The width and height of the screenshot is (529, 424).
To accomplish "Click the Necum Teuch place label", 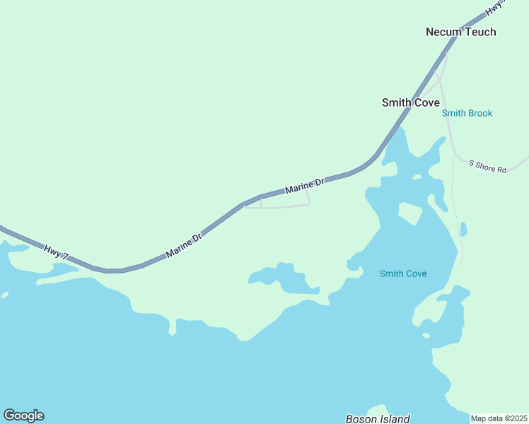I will click(460, 32).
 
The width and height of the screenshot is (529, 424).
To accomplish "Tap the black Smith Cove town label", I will click(410, 102).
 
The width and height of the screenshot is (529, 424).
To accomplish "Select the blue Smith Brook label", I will click(467, 113).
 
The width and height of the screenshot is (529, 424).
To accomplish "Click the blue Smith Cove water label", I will click(403, 273).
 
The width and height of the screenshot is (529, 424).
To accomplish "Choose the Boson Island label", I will click(378, 419).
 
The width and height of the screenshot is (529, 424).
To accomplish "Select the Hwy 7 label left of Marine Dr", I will click(56, 252).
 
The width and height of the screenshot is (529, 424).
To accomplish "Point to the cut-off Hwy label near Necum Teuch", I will click(495, 7).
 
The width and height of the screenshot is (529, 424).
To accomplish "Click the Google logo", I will click(23, 416).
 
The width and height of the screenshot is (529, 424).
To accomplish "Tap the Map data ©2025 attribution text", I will click(499, 418).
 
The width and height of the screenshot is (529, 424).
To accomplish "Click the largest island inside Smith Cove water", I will click(409, 213).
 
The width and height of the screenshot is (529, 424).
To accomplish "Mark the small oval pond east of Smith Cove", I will click(463, 230).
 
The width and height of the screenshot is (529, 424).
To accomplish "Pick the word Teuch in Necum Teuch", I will click(480, 32).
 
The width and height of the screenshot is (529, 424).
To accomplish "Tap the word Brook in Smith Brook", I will click(479, 113).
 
